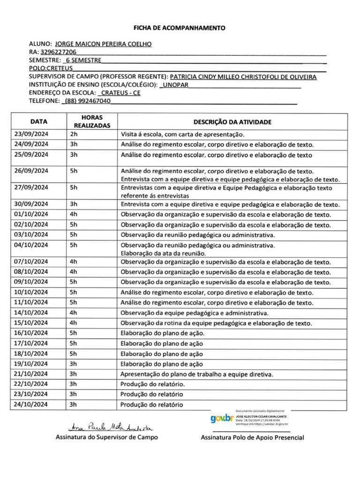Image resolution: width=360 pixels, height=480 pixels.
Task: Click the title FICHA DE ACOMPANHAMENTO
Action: (x=180, y=28)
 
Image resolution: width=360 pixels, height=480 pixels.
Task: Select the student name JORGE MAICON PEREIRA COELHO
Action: (x=103, y=44)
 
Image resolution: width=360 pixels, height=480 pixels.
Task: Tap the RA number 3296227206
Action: (x=58, y=52)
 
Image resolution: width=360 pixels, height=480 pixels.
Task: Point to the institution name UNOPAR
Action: (x=174, y=84)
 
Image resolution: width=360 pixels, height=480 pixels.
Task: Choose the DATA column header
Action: (x=38, y=121)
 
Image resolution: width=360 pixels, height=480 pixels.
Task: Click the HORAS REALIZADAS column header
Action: (x=92, y=121)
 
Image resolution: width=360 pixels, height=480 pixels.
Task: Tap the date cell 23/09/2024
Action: (x=31, y=134)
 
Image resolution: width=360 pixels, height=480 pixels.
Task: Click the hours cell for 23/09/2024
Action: (x=74, y=134)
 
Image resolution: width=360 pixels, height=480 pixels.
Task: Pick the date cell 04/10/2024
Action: (x=31, y=245)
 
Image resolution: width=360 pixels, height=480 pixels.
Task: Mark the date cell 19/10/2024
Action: (x=31, y=364)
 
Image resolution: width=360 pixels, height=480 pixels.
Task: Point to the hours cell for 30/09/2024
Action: (x=74, y=204)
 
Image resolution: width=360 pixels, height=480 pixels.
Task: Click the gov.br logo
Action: (x=221, y=419)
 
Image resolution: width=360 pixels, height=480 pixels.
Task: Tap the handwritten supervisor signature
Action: (x=107, y=427)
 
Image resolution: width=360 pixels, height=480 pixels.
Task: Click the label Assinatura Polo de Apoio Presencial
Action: (x=252, y=438)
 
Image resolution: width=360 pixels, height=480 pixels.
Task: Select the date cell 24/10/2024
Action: (x=31, y=405)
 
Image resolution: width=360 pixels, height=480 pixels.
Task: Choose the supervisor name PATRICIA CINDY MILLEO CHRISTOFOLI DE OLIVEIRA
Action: (x=243, y=76)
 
